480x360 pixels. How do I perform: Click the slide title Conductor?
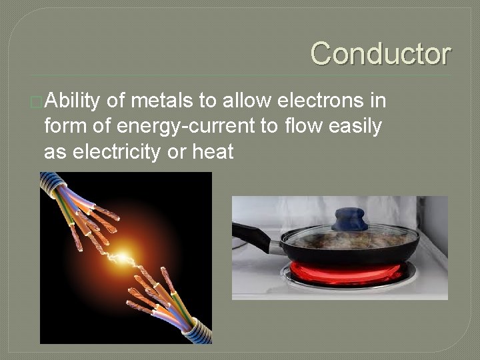click(380, 53)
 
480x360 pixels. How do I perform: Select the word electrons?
click(319, 101)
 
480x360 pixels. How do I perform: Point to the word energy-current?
click(191, 127)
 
